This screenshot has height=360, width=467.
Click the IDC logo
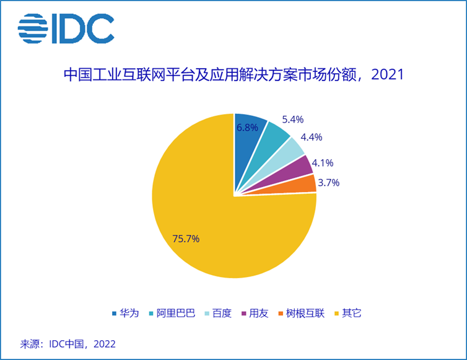(66, 29)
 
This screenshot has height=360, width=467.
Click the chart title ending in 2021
(234, 76)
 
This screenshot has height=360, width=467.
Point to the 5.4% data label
(292, 119)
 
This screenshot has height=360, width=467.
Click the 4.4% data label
(311, 137)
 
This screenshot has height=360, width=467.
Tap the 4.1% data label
(322, 164)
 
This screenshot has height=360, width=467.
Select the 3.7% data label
(328, 183)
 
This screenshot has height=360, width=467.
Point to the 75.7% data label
(185, 239)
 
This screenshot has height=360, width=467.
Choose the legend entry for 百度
(217, 313)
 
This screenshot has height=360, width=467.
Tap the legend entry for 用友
(253, 313)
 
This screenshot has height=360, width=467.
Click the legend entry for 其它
(347, 313)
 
